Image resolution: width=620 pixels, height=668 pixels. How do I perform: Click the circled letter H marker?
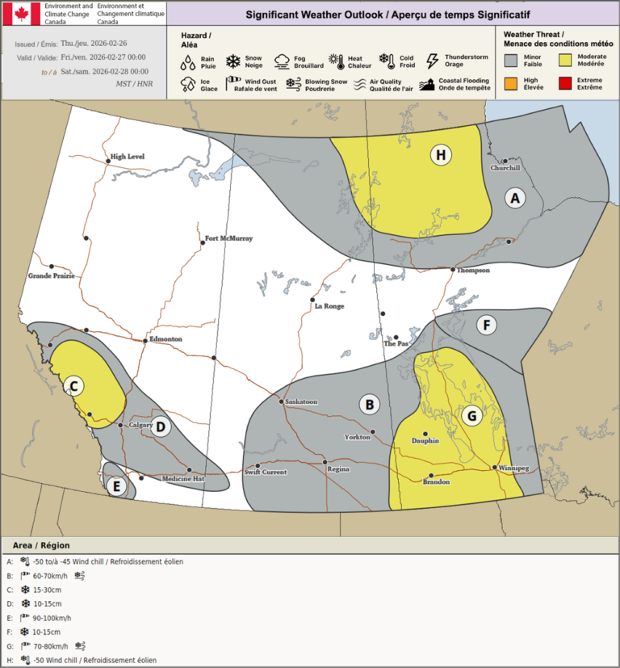click(440, 155)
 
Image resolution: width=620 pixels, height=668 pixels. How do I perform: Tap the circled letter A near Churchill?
click(515, 197)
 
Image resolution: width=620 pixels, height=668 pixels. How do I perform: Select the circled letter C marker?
click(73, 386)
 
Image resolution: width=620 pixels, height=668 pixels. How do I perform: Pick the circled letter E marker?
click(116, 485)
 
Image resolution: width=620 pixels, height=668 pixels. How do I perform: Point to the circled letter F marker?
click(486, 326)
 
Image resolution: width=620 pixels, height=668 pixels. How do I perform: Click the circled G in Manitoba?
click(472, 417)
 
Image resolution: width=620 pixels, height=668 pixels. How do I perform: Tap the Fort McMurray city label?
click(229, 239)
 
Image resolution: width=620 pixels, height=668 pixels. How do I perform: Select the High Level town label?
click(128, 157)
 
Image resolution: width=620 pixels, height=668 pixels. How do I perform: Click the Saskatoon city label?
click(301, 402)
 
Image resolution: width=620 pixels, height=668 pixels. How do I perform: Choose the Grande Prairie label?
click(52, 275)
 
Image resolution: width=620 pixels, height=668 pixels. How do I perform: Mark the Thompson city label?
click(473, 271)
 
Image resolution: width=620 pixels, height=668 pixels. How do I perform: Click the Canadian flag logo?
click(20, 13)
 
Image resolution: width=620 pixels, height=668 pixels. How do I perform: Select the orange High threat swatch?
click(510, 83)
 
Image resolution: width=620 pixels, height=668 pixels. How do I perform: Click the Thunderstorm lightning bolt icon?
click(432, 61)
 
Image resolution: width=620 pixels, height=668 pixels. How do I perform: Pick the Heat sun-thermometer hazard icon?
click(336, 61)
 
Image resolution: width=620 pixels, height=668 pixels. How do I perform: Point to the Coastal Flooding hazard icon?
click(427, 84)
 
